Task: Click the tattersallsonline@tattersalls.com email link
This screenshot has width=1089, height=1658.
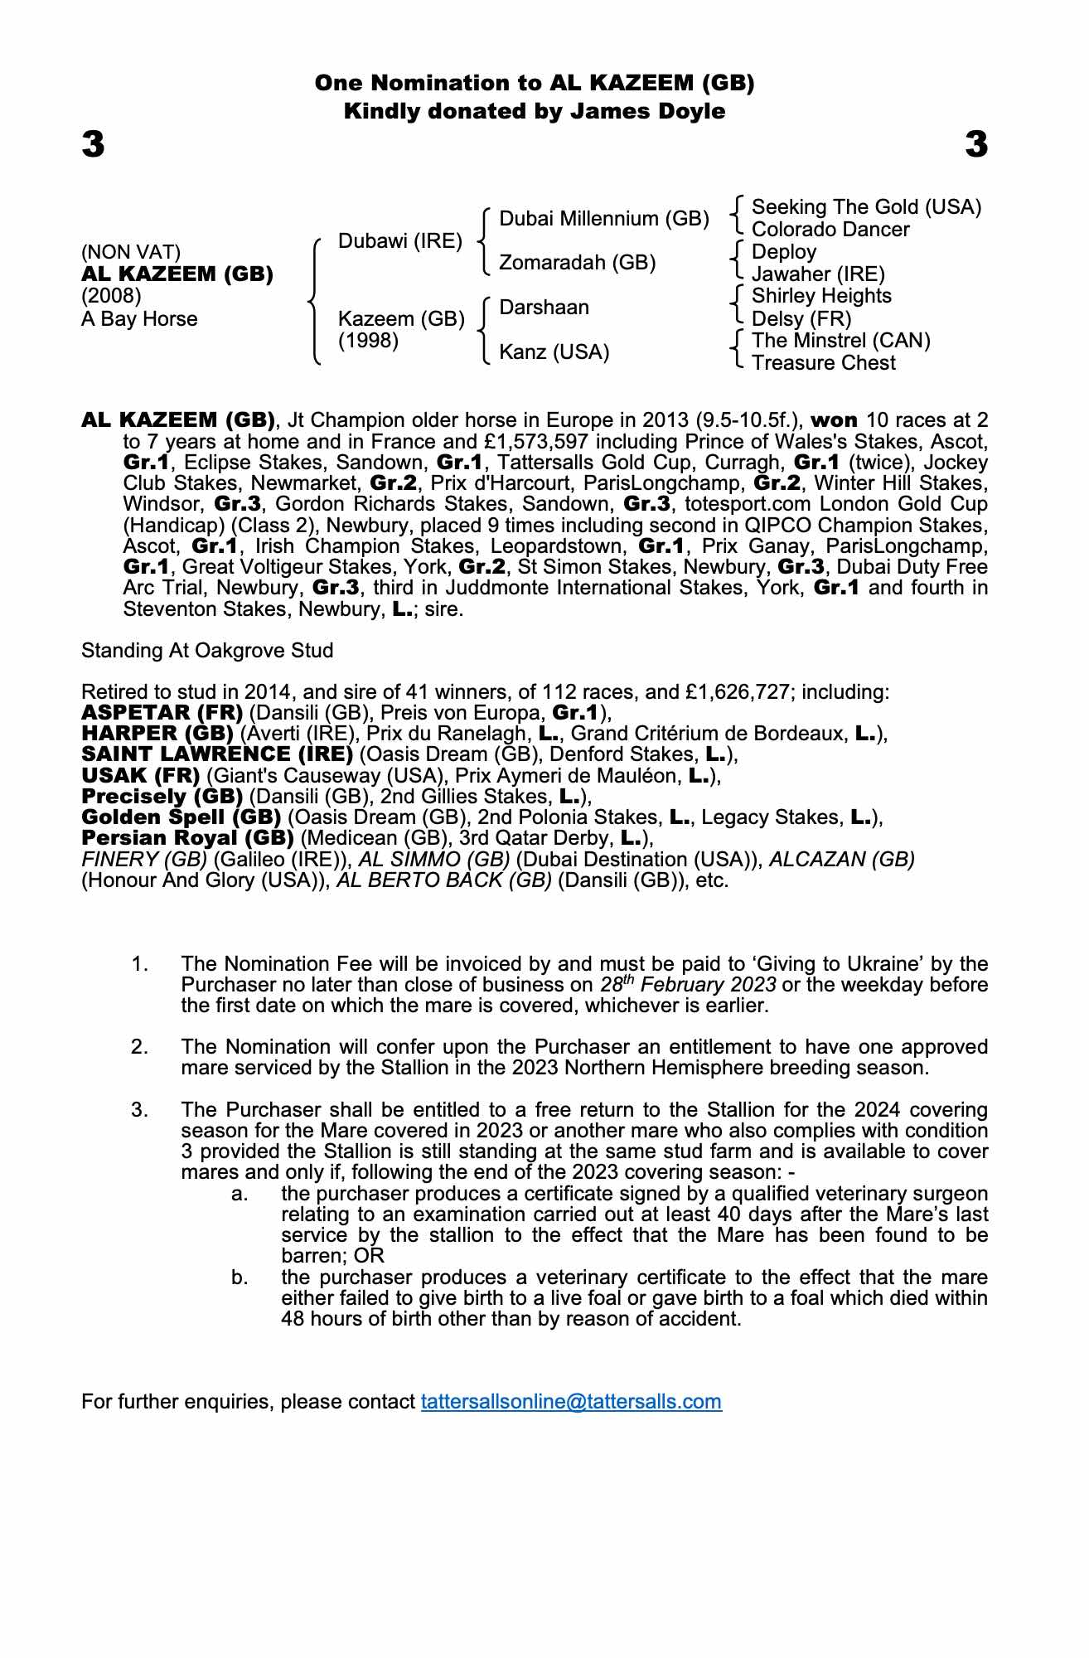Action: (x=571, y=1401)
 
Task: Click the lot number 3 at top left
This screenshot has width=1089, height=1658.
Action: (x=93, y=144)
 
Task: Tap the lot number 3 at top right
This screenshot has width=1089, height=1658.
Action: (x=976, y=144)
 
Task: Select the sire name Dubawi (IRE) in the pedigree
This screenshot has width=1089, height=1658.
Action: (x=400, y=241)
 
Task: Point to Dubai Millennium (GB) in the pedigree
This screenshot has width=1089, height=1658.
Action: (x=604, y=219)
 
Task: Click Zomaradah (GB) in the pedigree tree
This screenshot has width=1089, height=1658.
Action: (x=577, y=263)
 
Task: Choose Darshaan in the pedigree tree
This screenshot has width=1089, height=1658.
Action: (x=544, y=308)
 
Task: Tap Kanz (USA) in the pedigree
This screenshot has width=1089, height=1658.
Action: (x=554, y=352)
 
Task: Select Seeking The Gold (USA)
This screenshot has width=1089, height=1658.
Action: (x=866, y=207)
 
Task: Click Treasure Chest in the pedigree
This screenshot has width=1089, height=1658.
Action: (x=823, y=363)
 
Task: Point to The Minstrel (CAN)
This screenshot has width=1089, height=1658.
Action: (x=840, y=341)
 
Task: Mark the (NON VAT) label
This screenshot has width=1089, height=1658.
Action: (x=131, y=252)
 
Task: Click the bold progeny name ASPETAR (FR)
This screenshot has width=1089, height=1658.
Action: (x=162, y=713)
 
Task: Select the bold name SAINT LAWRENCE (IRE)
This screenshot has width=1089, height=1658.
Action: (x=217, y=754)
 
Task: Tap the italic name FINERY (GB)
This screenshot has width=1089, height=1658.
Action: (x=144, y=859)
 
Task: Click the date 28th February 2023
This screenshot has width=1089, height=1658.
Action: (x=688, y=985)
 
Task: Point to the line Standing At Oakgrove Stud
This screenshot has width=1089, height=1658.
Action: (x=207, y=651)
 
